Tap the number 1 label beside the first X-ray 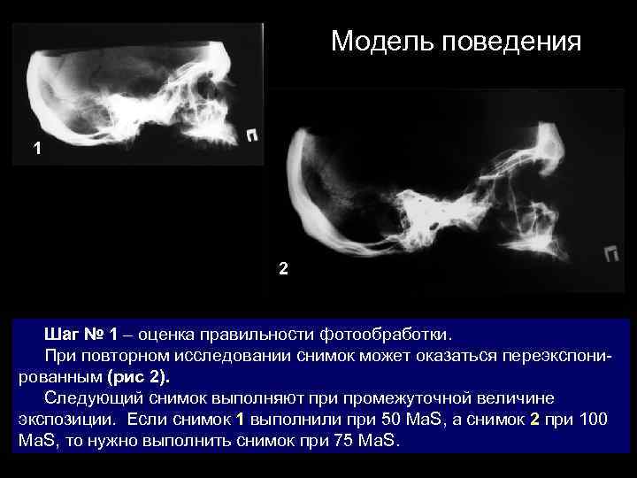[x=36, y=150]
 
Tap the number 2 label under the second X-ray [x=282, y=268]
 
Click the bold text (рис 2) [x=137, y=377]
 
